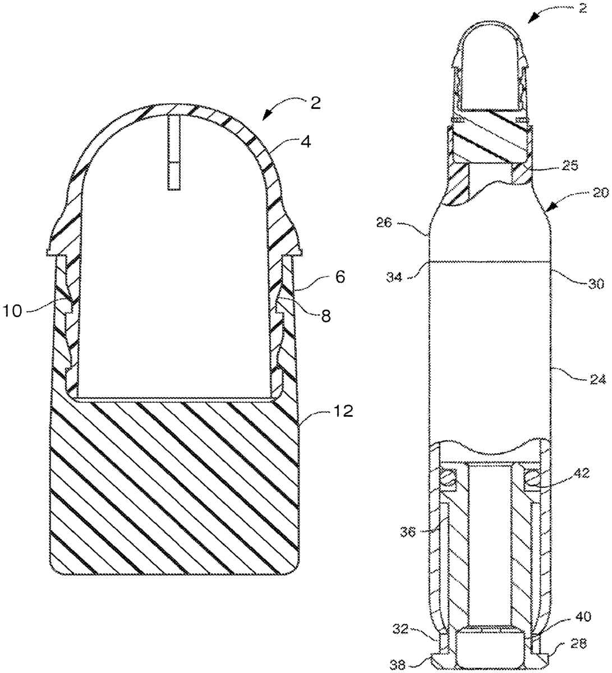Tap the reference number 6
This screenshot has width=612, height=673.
[x=340, y=277]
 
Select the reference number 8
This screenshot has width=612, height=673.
[x=326, y=316]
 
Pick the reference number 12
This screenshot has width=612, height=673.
[x=343, y=411]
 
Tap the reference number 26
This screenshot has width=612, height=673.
[x=384, y=223]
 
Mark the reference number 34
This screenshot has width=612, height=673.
[x=393, y=278]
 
